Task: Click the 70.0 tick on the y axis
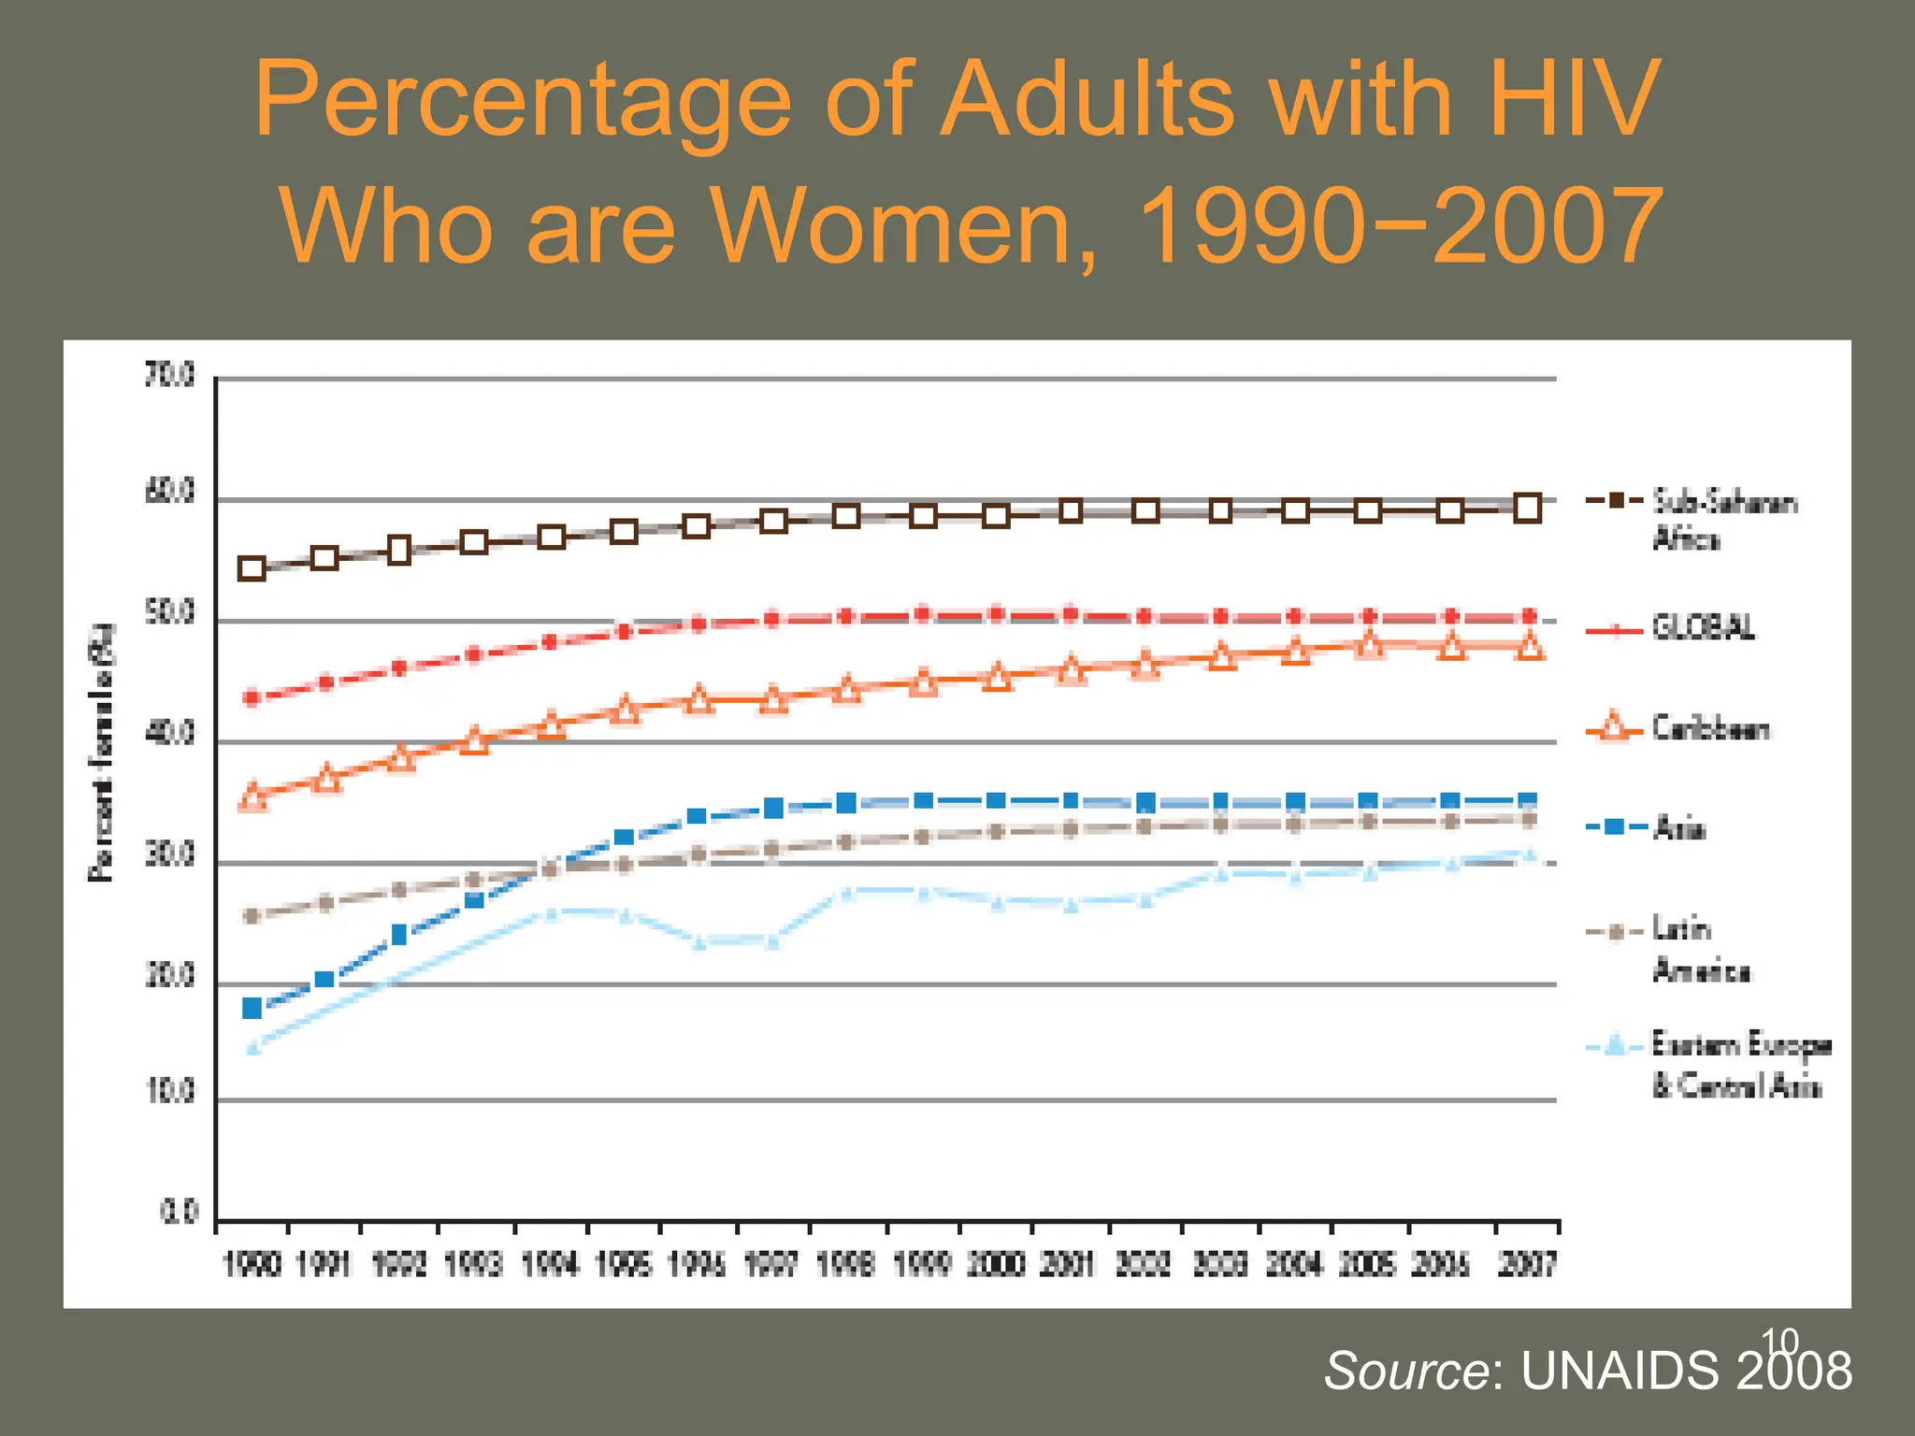pos(171,376)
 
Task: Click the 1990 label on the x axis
pos(252,1265)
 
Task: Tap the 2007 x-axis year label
pos(1527,1265)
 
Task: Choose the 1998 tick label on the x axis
pos(846,1265)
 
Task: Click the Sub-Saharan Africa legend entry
pos(1722,520)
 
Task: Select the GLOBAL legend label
pos(1702,628)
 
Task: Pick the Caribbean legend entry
pos(1709,728)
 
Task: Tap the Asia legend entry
pos(1678,828)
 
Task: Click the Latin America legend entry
pos(1700,949)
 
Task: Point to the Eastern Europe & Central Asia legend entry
pos(1739,1064)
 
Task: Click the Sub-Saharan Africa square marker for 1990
pos(252,568)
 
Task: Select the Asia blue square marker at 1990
pos(252,1008)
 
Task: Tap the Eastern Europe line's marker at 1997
pos(773,941)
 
